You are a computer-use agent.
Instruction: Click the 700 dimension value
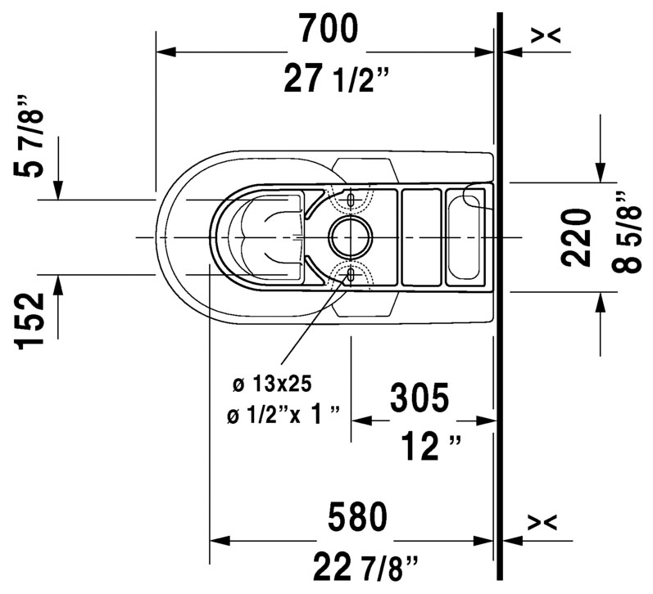tap(328, 29)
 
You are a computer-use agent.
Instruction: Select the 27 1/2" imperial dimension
tap(337, 79)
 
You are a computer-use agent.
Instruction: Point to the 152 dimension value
tap(33, 322)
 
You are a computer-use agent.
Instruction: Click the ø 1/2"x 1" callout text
tap(283, 416)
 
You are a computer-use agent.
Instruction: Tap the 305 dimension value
tap(419, 398)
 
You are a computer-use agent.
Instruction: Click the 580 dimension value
tap(356, 517)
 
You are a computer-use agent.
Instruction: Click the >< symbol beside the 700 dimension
tap(546, 34)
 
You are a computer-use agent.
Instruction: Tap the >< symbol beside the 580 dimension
tap(546, 522)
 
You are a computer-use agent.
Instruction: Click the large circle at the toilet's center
tap(351, 237)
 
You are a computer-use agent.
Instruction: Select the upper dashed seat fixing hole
tap(351, 199)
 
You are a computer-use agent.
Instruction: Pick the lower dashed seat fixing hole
tap(351, 276)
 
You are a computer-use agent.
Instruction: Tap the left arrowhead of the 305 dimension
tap(361, 421)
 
